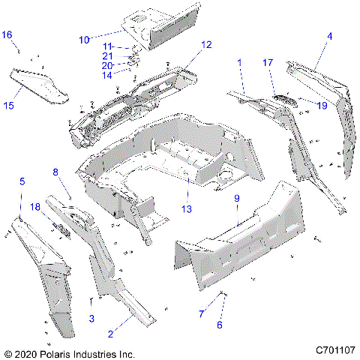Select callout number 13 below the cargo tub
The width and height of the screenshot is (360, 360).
click(x=186, y=208)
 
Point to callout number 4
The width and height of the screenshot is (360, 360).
click(x=329, y=36)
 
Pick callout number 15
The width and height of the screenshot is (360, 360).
click(x=9, y=106)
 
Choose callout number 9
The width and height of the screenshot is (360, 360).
click(x=237, y=199)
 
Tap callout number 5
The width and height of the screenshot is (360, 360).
click(x=22, y=181)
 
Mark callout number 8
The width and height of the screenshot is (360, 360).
click(x=55, y=172)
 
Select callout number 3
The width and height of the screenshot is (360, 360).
click(x=91, y=319)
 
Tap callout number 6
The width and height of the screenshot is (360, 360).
click(x=220, y=325)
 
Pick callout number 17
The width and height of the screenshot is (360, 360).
click(x=268, y=64)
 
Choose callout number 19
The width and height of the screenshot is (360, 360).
click(x=322, y=106)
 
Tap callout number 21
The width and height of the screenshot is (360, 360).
click(x=108, y=55)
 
